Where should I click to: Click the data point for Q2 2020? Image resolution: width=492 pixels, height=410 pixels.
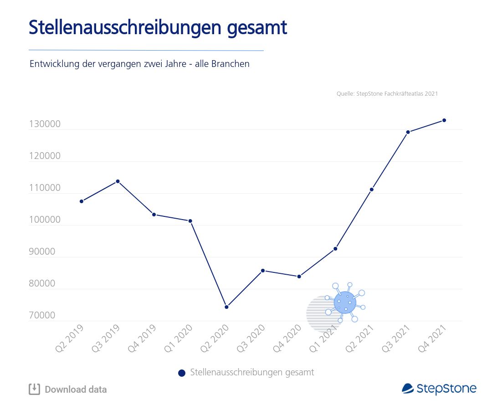[226, 307]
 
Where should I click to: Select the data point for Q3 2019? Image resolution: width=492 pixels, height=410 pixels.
[118, 181]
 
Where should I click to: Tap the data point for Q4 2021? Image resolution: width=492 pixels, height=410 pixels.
[444, 120]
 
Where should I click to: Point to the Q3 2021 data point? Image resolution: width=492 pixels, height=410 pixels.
[408, 132]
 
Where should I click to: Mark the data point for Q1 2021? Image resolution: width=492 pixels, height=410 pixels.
[335, 249]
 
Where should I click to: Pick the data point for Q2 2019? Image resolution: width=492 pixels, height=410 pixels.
[82, 201]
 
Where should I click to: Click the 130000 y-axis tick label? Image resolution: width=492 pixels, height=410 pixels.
[45, 124]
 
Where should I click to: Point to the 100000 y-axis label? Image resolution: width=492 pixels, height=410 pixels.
[45, 220]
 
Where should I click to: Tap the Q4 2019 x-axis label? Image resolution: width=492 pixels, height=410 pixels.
[142, 338]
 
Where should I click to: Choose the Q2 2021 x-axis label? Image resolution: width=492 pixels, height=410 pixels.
[360, 338]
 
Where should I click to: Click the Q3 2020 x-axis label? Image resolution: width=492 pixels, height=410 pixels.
[251, 338]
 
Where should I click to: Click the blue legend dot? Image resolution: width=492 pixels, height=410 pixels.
[182, 373]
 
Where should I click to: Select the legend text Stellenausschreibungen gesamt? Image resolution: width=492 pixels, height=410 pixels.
[252, 373]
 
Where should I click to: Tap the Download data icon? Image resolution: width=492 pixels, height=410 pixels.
[34, 389]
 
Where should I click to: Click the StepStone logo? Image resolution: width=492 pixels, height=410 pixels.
[439, 389]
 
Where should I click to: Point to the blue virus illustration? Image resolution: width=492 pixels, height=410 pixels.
[345, 302]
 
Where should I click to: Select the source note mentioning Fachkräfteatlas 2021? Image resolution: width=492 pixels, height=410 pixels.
[387, 93]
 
